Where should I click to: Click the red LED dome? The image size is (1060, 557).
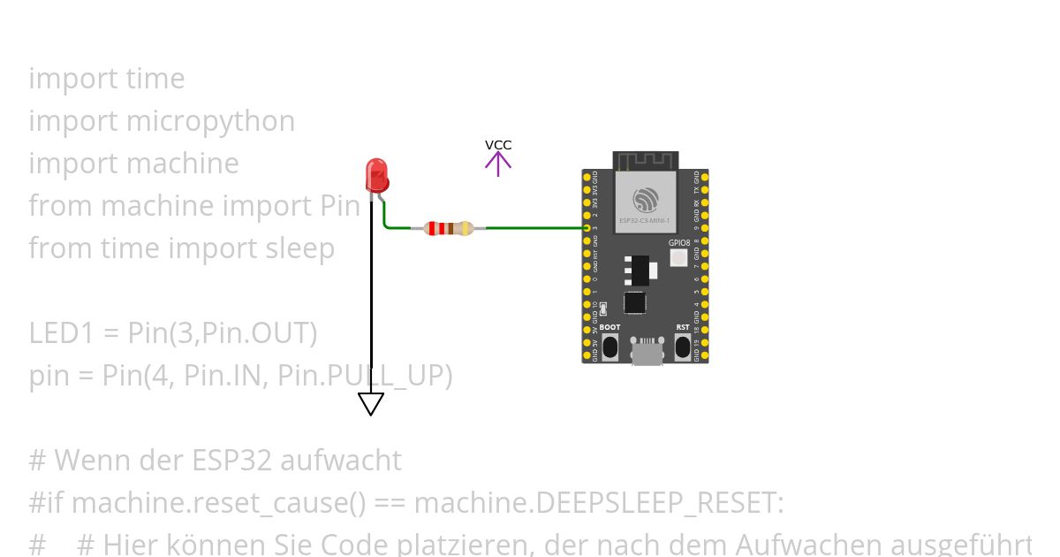coord(377,173)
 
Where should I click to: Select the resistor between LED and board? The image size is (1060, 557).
coord(449,228)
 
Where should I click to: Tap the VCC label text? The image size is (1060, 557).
coord(498,145)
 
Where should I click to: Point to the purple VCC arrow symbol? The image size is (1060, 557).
coord(498,163)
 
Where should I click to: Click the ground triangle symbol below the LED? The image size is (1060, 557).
coord(371,403)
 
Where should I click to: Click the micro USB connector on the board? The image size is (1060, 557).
coord(647,351)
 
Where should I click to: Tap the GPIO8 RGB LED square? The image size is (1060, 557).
coord(678,258)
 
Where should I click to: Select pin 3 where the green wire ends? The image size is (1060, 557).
coord(587,228)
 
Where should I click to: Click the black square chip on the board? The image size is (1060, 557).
coord(634,302)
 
